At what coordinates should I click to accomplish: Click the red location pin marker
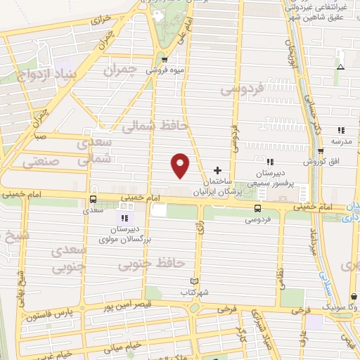coord(181,165)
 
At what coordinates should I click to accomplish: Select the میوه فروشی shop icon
coord(164,60)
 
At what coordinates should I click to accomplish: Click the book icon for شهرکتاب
coord(195,281)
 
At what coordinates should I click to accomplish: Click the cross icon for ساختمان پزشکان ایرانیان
coord(217,170)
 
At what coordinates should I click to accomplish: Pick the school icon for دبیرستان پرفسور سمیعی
coord(269,163)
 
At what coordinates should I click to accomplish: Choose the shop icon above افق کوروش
coord(321,151)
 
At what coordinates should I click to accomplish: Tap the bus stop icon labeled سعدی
coord(94,200)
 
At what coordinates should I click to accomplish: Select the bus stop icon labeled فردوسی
coord(257,208)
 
